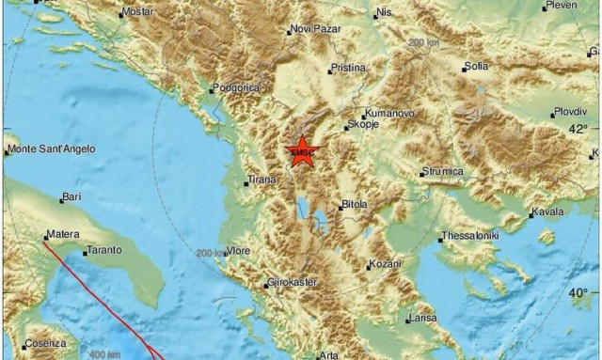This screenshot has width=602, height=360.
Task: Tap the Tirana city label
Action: [x=264, y=181]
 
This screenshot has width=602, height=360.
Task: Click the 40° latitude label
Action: [x=578, y=293]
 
